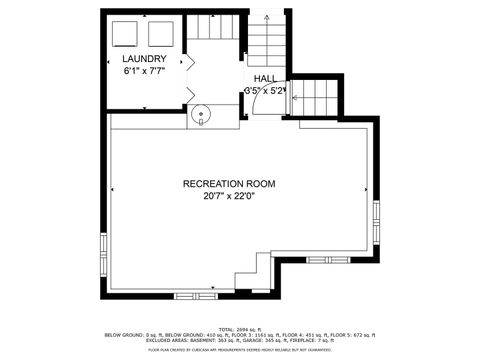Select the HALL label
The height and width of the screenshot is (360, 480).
pos(265,78)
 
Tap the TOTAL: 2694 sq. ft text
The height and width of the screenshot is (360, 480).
pos(240,328)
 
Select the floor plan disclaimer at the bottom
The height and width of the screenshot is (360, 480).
pos(240,350)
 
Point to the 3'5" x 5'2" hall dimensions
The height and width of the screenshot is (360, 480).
pos(266,90)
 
